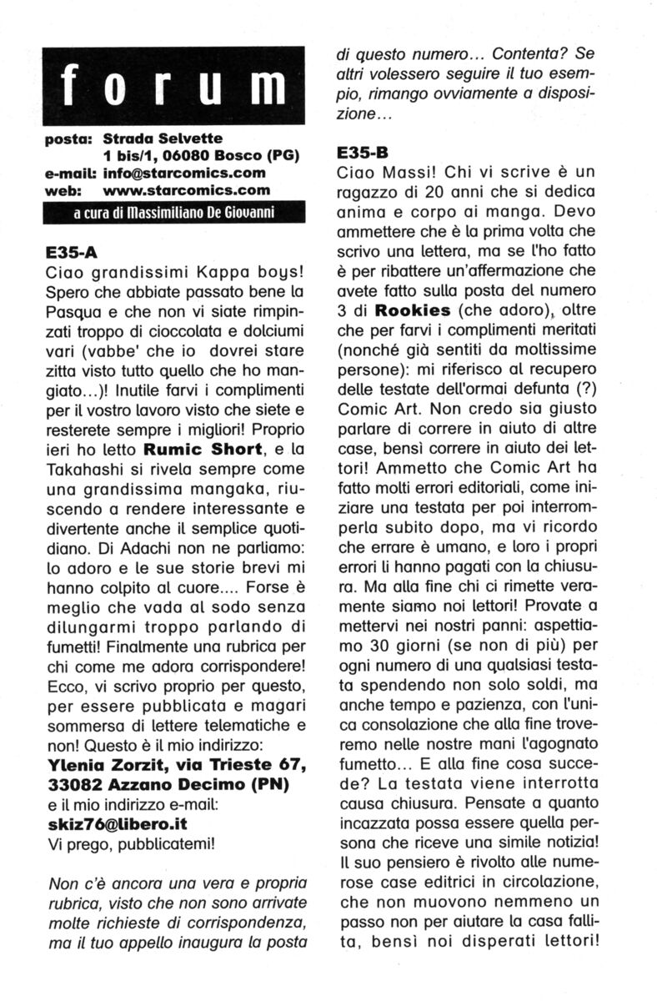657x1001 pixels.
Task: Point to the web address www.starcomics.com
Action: [178, 190]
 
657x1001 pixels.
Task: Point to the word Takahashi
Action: [81, 470]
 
